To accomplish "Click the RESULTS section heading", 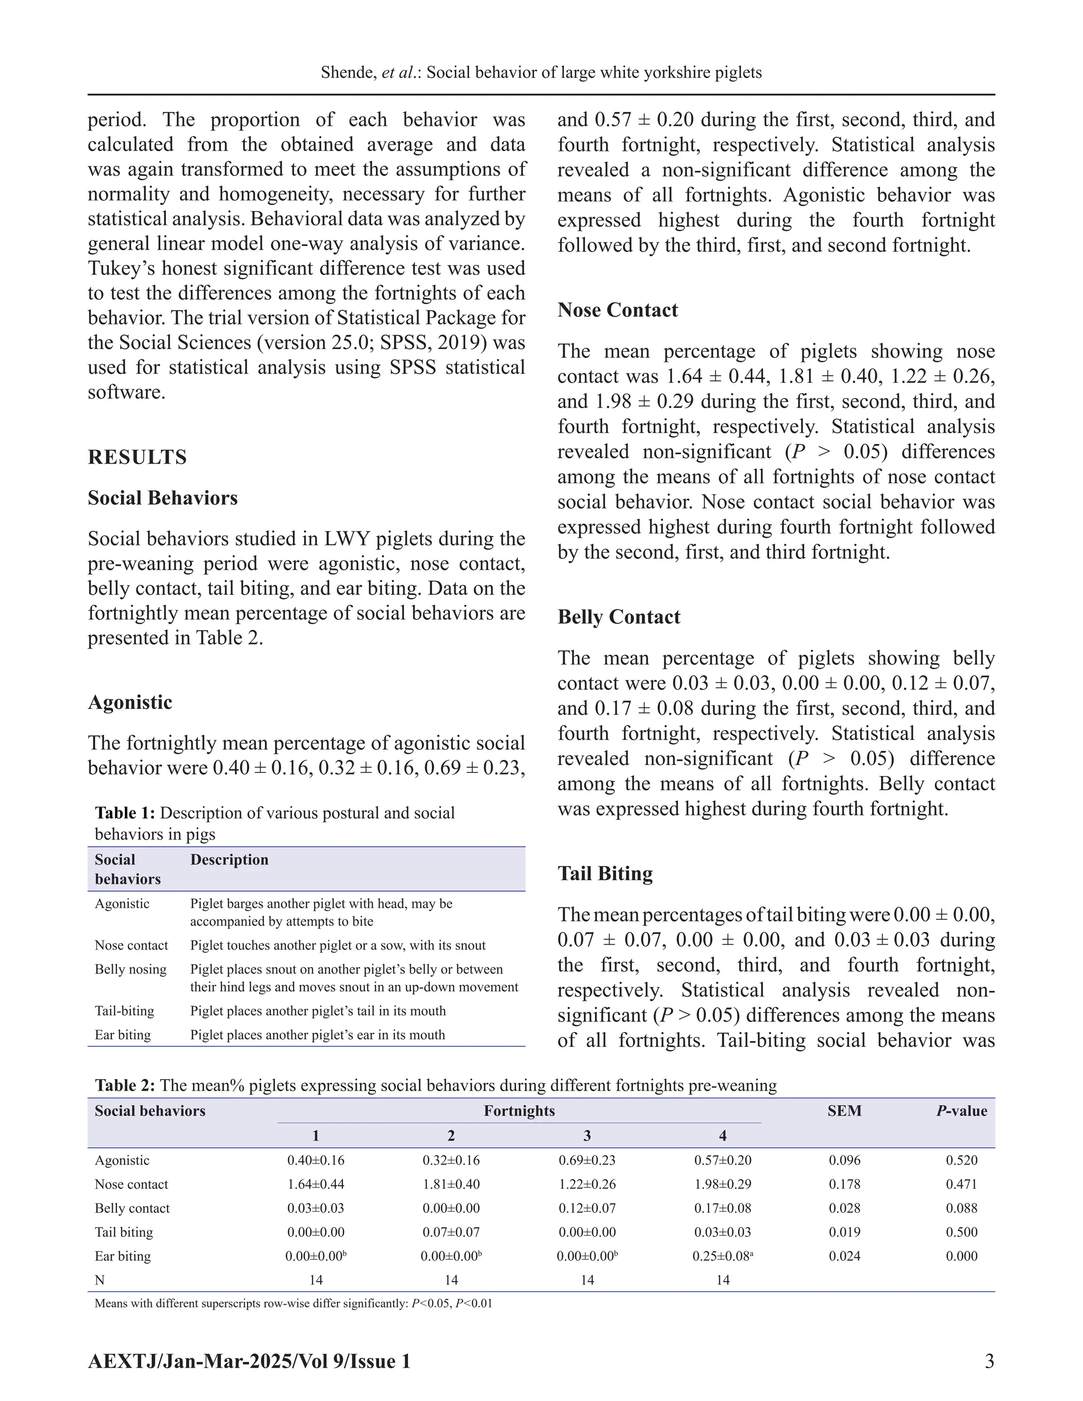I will [x=137, y=457].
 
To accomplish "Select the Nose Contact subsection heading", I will [x=617, y=310].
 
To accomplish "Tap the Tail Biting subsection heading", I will [x=605, y=874].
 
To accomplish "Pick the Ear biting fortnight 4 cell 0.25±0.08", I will [x=722, y=1257].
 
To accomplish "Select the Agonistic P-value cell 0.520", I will [x=961, y=1160].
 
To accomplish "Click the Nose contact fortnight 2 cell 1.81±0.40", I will [x=451, y=1185].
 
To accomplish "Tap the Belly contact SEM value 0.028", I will [x=845, y=1209].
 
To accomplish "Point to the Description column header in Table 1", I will [x=229, y=860].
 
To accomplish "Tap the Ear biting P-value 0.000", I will [x=961, y=1257].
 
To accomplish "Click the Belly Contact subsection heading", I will [x=619, y=617].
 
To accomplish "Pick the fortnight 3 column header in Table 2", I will [x=586, y=1136].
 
